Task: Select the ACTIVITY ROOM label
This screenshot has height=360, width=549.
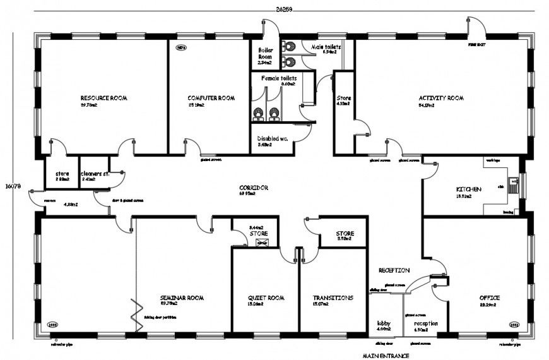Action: [x=441, y=99]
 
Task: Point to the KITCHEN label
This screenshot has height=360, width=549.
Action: [x=469, y=189]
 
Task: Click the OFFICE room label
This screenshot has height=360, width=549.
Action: [x=489, y=298]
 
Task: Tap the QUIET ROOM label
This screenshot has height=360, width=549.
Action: [x=263, y=298]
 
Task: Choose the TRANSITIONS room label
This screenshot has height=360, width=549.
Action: [x=333, y=298]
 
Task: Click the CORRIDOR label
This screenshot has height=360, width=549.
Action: [x=254, y=188]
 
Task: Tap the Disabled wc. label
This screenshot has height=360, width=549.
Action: [x=272, y=139]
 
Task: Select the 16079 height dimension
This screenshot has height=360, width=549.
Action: [x=13, y=186]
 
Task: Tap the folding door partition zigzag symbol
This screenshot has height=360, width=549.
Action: [x=134, y=313]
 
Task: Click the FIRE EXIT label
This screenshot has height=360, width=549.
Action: [x=476, y=46]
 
